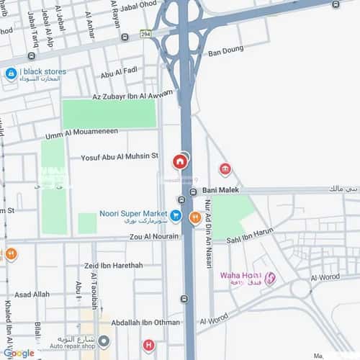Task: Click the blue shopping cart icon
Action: pos(175,215)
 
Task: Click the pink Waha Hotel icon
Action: pos(270,279)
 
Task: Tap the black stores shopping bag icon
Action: pos(11,73)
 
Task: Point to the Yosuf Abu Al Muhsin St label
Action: pos(120,156)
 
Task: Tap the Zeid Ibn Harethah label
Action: pos(113,266)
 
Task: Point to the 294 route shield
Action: pos(147,33)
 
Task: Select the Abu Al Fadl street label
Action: pos(118,73)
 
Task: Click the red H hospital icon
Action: pos(148,346)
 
